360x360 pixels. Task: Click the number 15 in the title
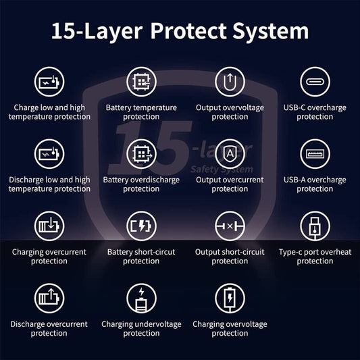pyautogui.click(x=63, y=31)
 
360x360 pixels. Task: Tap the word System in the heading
pyautogui.click(x=270, y=32)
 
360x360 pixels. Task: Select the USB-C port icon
pyautogui.click(x=315, y=82)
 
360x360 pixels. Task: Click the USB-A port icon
pyautogui.click(x=315, y=154)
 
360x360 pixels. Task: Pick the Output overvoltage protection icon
pyautogui.click(x=230, y=82)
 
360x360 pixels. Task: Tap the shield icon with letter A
pyautogui.click(x=230, y=154)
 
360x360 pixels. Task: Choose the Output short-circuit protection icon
pyautogui.click(x=230, y=226)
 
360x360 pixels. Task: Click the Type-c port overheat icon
pyautogui.click(x=315, y=226)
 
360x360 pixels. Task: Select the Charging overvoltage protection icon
pyautogui.click(x=230, y=299)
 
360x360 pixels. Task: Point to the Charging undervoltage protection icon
pyautogui.click(x=141, y=299)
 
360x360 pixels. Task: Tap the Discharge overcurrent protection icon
pyautogui.click(x=49, y=299)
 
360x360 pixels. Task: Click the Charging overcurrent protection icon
pyautogui.click(x=49, y=226)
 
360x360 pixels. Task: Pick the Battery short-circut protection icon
pyautogui.click(x=141, y=226)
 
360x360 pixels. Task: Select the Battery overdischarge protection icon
pyautogui.click(x=141, y=154)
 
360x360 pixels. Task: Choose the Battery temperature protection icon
pyautogui.click(x=141, y=82)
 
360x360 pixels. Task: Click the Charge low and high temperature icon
pyautogui.click(x=49, y=82)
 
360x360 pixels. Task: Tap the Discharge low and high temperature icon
pyautogui.click(x=49, y=154)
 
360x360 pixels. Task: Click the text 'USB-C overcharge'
pyautogui.click(x=315, y=108)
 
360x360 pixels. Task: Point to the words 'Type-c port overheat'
pyautogui.click(x=315, y=252)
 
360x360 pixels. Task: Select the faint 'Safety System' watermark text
pyautogui.click(x=222, y=170)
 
